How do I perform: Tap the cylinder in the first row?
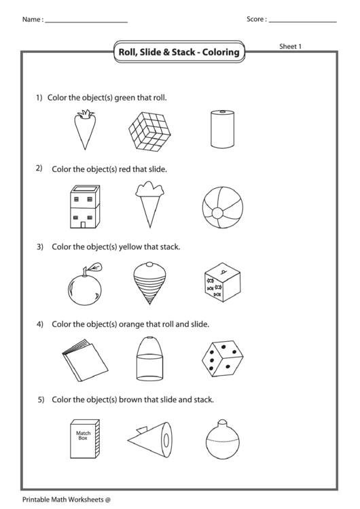[223, 129]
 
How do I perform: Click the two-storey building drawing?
[85, 207]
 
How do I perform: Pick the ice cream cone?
[149, 205]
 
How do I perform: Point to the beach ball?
[223, 208]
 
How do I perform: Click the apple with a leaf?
[86, 284]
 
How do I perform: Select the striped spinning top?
[149, 283]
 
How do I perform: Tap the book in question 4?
[85, 360]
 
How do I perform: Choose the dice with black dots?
[223, 359]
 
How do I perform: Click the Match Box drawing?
[85, 438]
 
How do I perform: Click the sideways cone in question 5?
[149, 440]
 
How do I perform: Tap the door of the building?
[83, 225]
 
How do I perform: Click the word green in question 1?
[125, 98]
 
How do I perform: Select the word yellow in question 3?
[130, 247]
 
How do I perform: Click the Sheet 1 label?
[290, 46]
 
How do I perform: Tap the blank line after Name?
[86, 22]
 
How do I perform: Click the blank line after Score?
[303, 22]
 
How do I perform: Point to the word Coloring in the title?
[221, 52]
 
